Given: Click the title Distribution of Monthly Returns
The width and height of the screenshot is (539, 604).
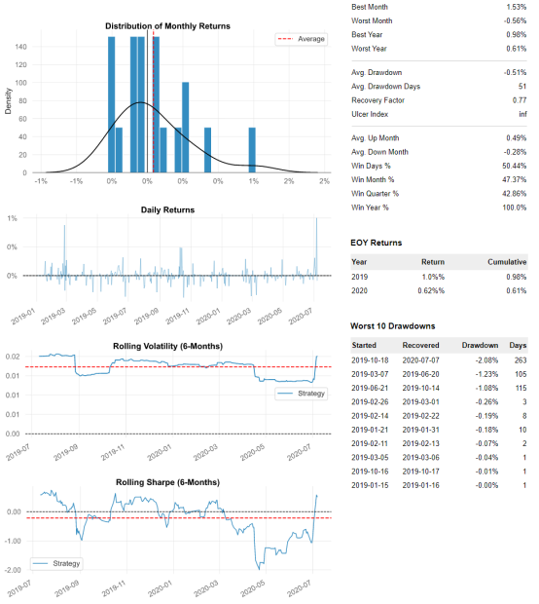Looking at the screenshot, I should pyautogui.click(x=167, y=25).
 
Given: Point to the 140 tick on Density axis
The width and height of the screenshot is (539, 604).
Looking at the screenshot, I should pyautogui.click(x=21, y=47).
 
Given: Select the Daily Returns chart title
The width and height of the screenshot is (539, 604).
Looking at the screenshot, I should pyautogui.click(x=167, y=209).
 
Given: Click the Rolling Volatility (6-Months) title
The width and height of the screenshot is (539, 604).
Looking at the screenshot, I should pyautogui.click(x=167, y=342).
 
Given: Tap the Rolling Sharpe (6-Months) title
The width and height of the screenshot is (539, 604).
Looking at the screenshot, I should pyautogui.click(x=167, y=482).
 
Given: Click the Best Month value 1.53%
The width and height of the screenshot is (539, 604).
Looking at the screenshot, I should pyautogui.click(x=514, y=6).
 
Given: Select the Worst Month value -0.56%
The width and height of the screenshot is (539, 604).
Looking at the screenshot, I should pyautogui.click(x=512, y=20).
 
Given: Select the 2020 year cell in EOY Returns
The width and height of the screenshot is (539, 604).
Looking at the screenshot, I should pyautogui.click(x=359, y=291).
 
